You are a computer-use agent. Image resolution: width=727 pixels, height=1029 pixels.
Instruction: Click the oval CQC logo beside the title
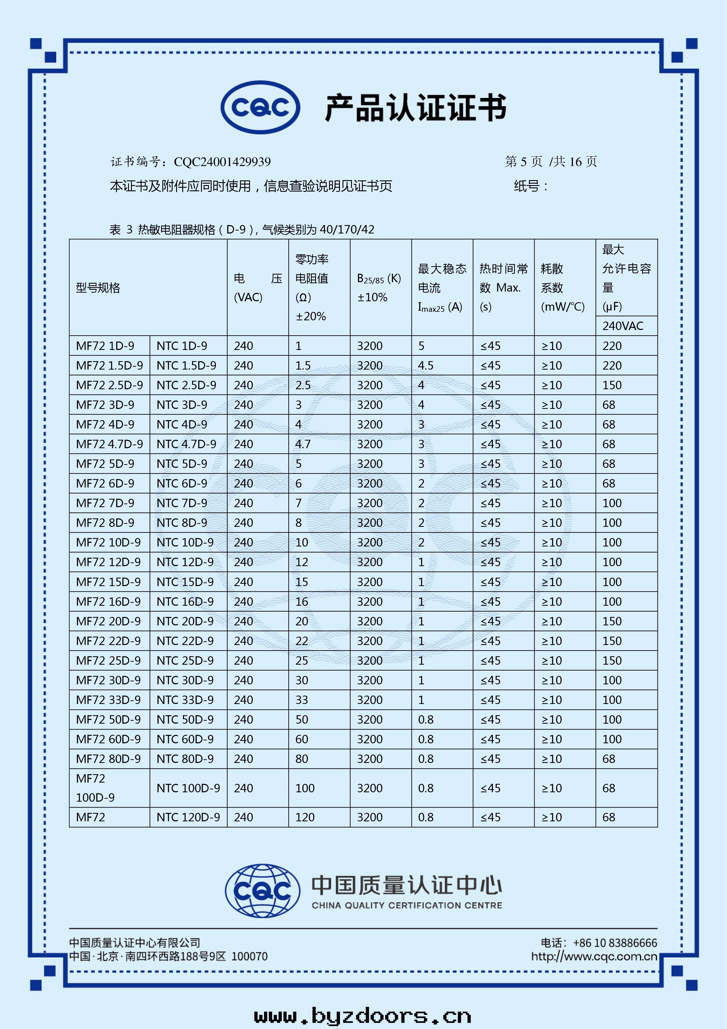click(x=260, y=108)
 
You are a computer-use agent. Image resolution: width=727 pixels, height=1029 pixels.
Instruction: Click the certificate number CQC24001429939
click(x=222, y=162)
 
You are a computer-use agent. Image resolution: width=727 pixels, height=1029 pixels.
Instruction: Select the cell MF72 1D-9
click(x=105, y=346)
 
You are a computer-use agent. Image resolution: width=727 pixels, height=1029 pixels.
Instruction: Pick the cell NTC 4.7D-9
click(x=186, y=444)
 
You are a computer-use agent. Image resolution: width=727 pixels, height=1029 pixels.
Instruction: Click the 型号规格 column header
click(x=98, y=288)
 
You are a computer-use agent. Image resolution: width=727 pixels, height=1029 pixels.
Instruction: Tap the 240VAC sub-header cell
click(x=622, y=326)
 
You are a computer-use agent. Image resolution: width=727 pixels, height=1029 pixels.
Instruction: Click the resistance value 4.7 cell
click(x=303, y=444)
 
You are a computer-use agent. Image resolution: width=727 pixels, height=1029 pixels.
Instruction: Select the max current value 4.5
click(x=426, y=366)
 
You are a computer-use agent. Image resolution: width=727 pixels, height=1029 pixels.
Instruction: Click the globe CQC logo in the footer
click(x=262, y=891)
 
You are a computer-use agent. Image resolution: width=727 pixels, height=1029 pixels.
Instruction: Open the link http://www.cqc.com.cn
click(x=594, y=956)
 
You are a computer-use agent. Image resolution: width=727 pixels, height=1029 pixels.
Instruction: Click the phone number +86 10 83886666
click(x=615, y=943)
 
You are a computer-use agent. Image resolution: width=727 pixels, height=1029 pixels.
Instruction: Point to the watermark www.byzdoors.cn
click(x=362, y=1016)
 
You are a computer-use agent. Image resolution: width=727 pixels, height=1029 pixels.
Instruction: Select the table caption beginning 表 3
click(x=242, y=229)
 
